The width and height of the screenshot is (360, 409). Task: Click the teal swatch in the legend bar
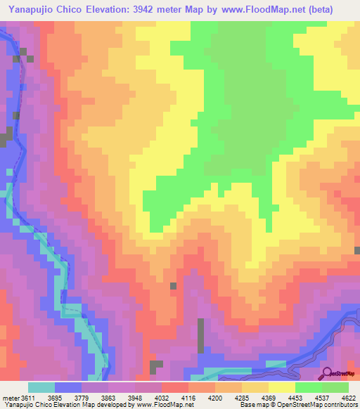[41, 387]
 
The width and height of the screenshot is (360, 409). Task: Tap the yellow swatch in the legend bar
[281, 387]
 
